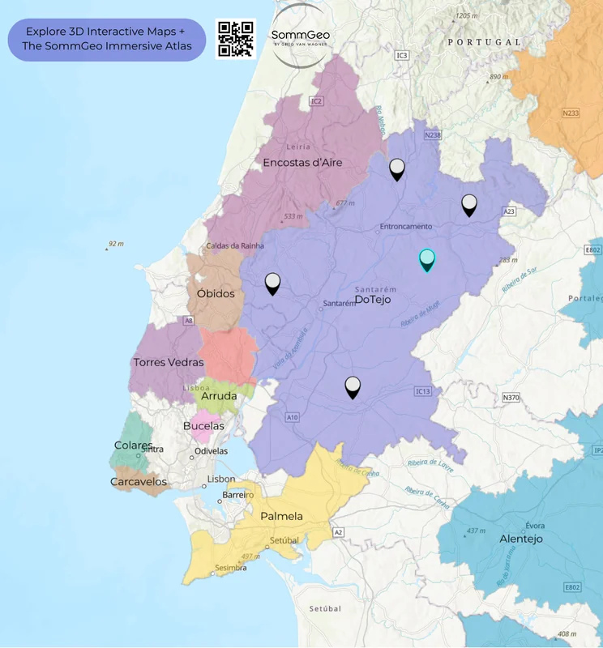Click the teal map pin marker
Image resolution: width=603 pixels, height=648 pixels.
(x=426, y=259)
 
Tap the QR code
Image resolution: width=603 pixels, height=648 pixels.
(x=235, y=39)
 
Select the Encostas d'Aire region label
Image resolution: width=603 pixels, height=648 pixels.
(x=302, y=163)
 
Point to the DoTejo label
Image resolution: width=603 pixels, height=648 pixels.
(x=373, y=300)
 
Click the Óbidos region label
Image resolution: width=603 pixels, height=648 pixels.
(x=216, y=293)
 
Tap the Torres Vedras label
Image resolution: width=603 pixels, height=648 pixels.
(x=169, y=362)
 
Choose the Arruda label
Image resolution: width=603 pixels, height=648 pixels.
(x=219, y=396)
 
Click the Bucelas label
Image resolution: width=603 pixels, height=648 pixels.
(x=203, y=425)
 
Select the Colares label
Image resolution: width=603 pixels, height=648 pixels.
(x=133, y=446)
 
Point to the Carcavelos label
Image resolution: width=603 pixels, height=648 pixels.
(x=139, y=482)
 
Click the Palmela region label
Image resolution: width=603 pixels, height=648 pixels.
(x=281, y=516)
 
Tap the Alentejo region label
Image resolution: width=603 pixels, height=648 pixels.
(x=521, y=539)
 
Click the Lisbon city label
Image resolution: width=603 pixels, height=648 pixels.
(x=221, y=479)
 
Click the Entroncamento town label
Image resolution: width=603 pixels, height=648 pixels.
(x=405, y=227)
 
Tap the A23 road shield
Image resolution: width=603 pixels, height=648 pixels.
(x=509, y=211)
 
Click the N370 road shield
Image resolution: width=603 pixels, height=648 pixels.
(x=511, y=398)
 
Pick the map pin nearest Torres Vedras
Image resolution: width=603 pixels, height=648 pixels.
(x=273, y=283)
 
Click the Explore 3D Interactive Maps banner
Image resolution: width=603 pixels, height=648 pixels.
(x=106, y=39)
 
